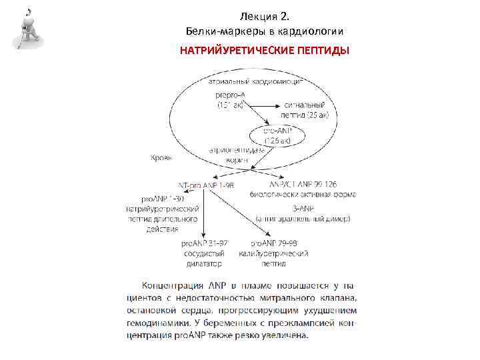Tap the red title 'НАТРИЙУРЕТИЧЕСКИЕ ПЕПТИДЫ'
265,51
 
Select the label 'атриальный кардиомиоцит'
256,81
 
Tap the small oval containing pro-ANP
277,136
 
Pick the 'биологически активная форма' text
303,194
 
